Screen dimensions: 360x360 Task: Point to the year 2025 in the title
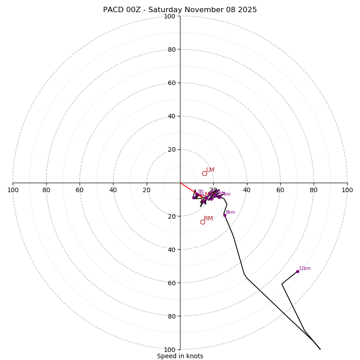click(247, 10)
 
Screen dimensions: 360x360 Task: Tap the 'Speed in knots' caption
click(180, 356)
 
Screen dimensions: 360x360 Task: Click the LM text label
click(210, 170)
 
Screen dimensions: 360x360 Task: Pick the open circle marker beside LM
click(204, 173)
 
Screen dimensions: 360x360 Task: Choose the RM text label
click(208, 219)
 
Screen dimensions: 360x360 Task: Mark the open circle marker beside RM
click(202, 222)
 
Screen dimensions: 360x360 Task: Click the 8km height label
click(230, 212)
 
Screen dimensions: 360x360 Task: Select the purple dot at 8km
click(225, 215)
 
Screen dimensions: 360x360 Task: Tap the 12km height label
click(305, 269)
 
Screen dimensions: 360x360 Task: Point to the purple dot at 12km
click(297, 271)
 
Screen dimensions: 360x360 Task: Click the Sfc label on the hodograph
click(201, 192)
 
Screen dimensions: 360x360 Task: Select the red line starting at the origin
click(188, 188)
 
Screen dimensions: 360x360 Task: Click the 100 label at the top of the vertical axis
click(170, 16)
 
